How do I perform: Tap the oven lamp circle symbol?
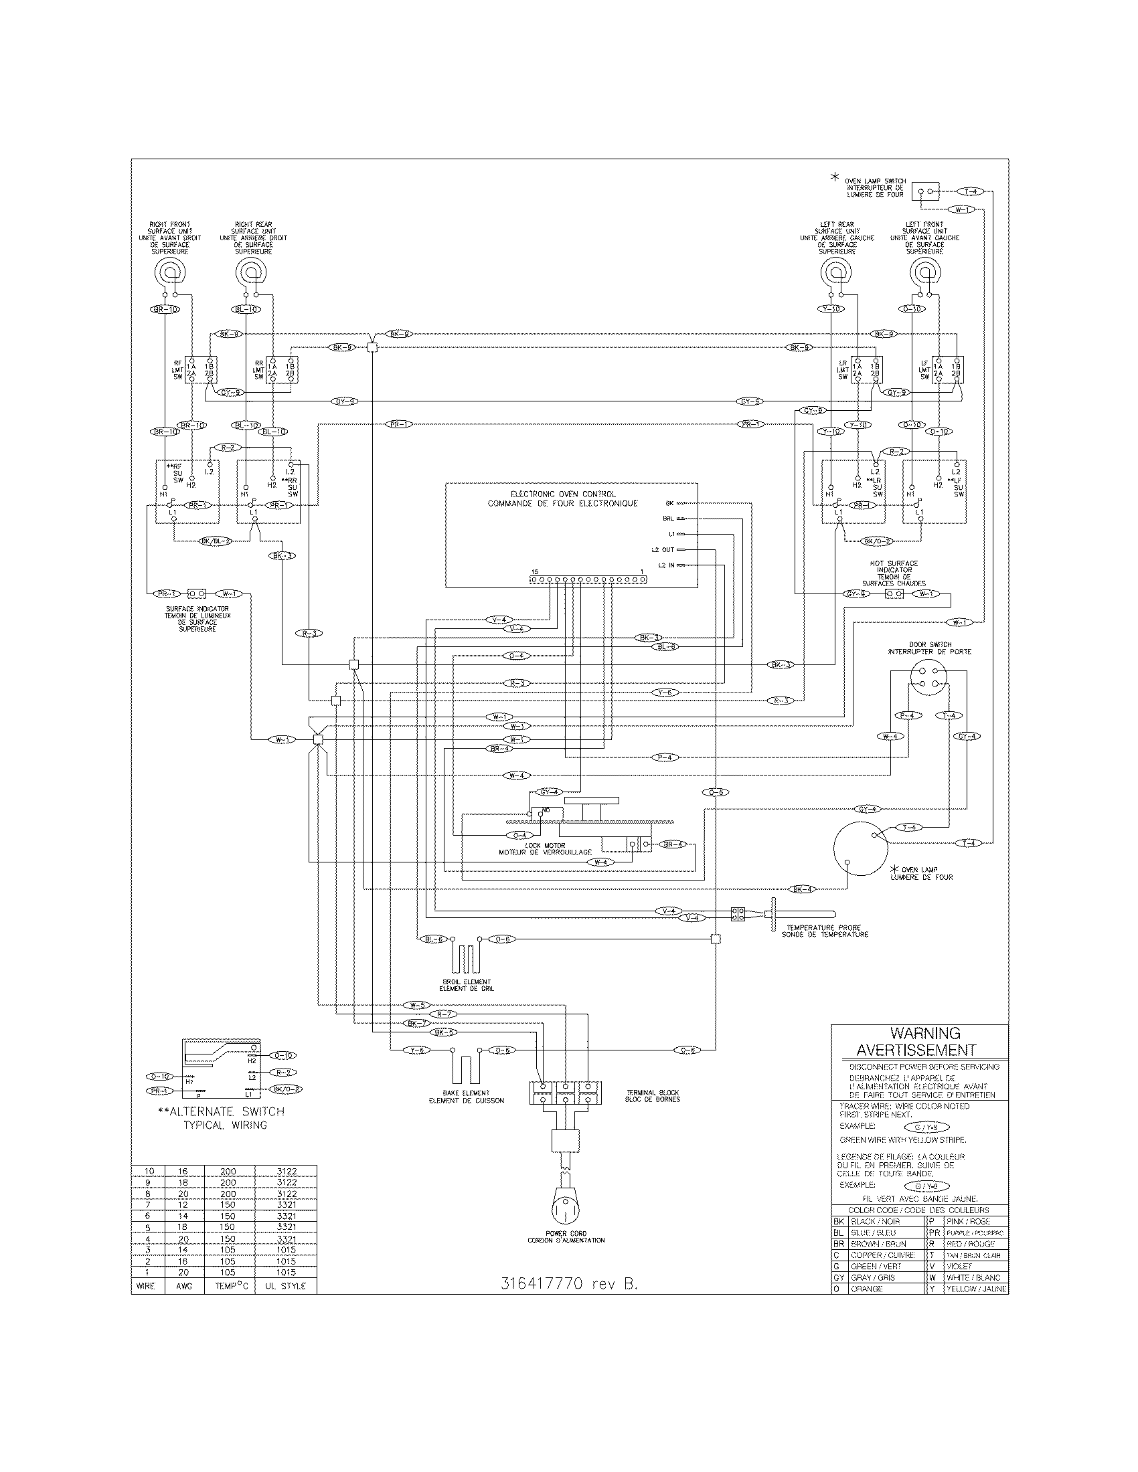pos(858,848)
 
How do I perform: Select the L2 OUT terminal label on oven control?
pos(663,549)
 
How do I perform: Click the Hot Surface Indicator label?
pos(894,573)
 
